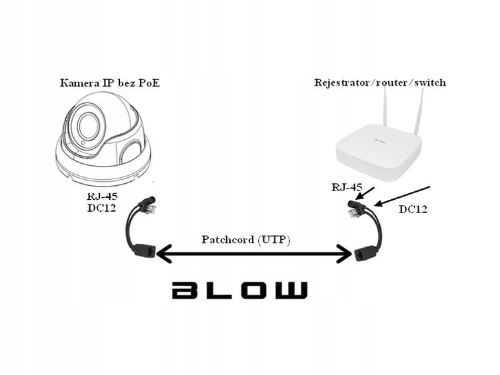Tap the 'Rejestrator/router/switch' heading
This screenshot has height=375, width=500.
pos(380,83)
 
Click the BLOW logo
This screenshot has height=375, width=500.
pos(240,290)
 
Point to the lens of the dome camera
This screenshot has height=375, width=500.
pos(85,126)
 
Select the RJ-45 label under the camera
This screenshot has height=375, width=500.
pos(100,197)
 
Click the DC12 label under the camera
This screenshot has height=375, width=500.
pos(100,208)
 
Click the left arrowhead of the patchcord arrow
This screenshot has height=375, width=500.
pos(161,253)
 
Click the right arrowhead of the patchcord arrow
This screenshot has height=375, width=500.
pos(346,253)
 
